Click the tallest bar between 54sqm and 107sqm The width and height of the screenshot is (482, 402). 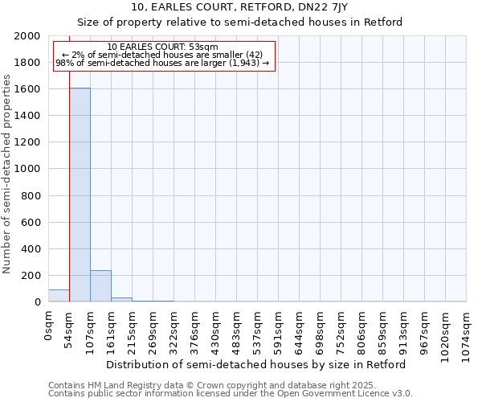[80, 195]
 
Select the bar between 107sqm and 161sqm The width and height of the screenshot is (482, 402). [100, 286]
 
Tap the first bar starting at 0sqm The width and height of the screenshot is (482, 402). [59, 296]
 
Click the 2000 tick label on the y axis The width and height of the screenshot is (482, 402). [28, 36]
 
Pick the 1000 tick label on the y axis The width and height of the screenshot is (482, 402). [28, 169]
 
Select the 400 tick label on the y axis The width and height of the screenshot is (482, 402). [31, 249]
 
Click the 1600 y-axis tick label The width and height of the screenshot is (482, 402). [28, 89]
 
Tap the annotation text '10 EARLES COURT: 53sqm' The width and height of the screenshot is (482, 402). [162, 47]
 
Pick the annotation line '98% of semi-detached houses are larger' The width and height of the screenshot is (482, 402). [162, 64]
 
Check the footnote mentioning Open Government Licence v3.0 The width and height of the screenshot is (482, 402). [231, 394]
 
